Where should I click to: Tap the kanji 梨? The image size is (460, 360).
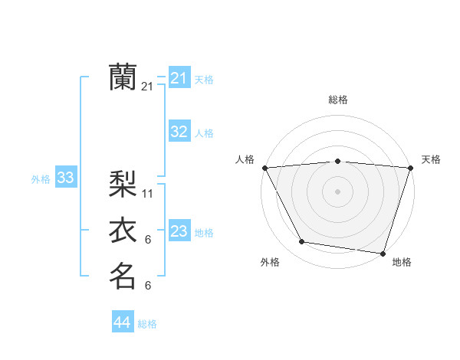(x=123, y=185)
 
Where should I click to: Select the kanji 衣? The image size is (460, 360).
(x=123, y=231)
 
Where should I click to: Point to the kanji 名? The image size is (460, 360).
(x=123, y=276)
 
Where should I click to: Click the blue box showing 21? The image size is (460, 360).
(x=179, y=78)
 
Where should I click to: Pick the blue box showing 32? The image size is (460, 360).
(x=179, y=132)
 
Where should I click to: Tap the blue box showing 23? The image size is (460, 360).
(x=179, y=231)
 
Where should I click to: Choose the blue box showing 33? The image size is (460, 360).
(x=65, y=178)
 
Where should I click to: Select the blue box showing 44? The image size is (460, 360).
(x=122, y=322)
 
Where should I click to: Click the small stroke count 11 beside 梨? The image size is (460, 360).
(x=148, y=194)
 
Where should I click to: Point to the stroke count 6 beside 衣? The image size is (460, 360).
(x=148, y=240)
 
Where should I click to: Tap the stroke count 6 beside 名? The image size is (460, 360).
(x=148, y=286)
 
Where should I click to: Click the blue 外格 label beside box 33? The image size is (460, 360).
(x=41, y=179)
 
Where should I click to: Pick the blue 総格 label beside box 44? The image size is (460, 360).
(x=147, y=324)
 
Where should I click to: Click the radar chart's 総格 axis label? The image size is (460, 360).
(x=337, y=100)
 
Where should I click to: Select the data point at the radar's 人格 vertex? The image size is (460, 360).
(x=264, y=167)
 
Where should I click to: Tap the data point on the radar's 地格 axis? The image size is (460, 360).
(x=383, y=253)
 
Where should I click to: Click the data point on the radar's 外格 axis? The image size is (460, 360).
(x=302, y=242)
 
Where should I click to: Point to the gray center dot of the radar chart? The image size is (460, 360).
(x=337, y=191)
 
